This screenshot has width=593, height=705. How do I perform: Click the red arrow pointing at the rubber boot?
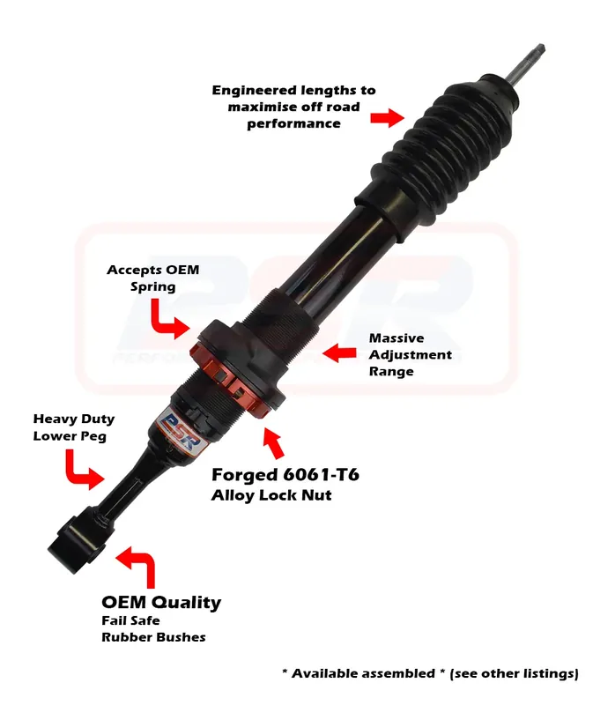pos(387,118)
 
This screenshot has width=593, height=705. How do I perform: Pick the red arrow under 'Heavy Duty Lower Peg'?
pos(85,469)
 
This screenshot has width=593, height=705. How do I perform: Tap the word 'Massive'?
pos(397,338)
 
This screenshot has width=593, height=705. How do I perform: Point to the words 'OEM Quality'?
pos(161,603)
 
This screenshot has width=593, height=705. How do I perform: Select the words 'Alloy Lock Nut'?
pos(271,495)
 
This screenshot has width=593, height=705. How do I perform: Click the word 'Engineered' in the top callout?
pos(252,91)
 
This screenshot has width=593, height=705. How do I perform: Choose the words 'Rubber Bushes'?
pos(153,637)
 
